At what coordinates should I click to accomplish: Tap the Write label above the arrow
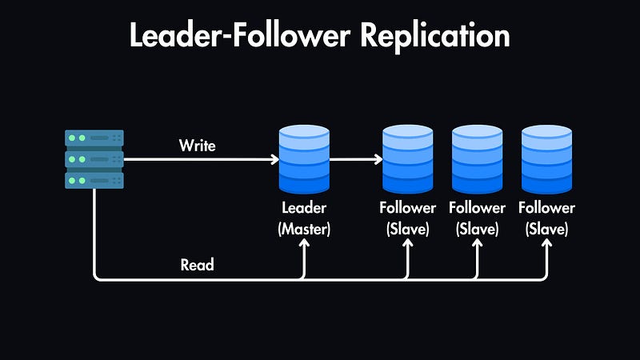coord(197,146)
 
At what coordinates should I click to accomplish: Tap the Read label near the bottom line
coord(197,264)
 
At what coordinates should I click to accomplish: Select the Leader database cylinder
coord(303,160)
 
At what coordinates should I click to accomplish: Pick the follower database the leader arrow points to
coord(408,160)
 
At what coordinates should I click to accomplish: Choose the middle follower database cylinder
coord(478,160)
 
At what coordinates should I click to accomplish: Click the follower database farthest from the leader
coord(547,160)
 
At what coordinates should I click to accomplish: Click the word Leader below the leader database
coord(303,208)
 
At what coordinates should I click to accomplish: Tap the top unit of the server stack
coord(94,138)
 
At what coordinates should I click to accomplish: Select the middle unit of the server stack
coord(94,159)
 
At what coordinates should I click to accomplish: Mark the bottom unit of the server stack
coord(94,180)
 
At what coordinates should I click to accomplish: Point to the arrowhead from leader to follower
coord(378,159)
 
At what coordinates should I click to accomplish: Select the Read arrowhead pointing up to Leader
coord(303,246)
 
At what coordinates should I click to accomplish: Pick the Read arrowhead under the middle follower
coord(478,246)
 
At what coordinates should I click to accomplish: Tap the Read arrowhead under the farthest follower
coord(547,246)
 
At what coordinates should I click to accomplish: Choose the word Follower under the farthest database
coord(547,208)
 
